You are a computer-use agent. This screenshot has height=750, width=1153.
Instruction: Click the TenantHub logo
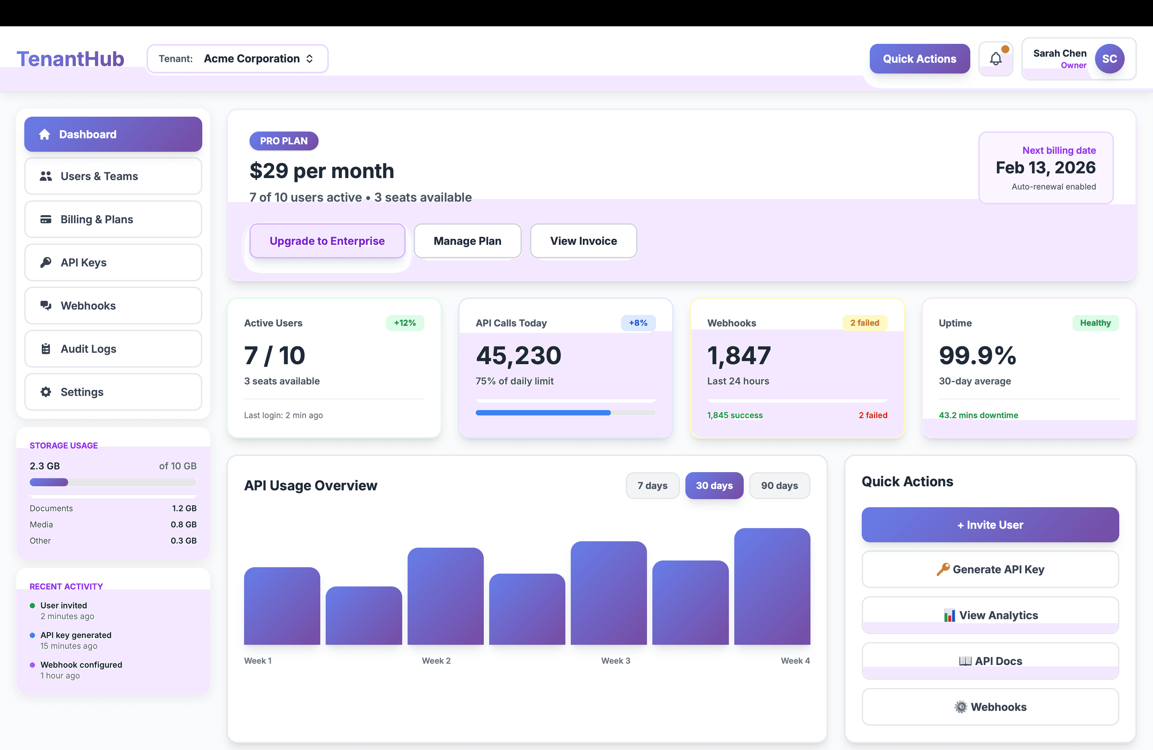click(70, 59)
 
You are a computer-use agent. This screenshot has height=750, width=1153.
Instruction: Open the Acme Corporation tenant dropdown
click(237, 59)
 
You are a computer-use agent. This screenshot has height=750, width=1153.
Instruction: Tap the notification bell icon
click(996, 59)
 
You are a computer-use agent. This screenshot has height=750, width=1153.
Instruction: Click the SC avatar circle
click(1110, 59)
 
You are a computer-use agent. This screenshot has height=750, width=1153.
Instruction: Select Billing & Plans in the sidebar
click(113, 220)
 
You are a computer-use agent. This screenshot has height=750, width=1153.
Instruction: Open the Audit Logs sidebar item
click(113, 349)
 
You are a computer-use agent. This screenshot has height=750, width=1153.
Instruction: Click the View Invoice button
click(583, 241)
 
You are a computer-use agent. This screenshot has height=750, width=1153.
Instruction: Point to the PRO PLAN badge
click(284, 141)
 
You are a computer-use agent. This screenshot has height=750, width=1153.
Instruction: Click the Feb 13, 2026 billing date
click(1045, 168)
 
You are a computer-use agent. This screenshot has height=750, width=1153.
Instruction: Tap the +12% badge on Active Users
click(405, 323)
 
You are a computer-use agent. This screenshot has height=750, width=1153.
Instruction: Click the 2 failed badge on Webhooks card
click(864, 323)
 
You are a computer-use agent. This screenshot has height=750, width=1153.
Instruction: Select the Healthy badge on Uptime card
click(1095, 323)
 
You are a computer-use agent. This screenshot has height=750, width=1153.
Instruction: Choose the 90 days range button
click(779, 486)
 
